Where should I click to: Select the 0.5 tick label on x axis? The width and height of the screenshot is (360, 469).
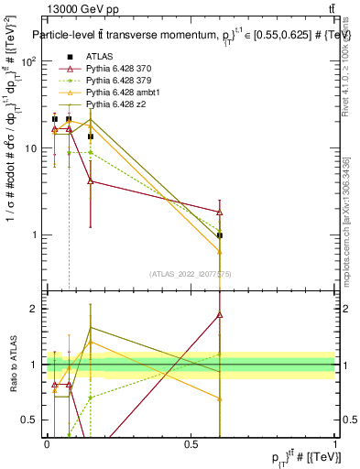pos(191,444)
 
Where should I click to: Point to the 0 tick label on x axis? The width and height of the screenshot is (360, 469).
pos(47,444)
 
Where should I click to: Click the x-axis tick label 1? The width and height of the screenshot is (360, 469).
pos(334,444)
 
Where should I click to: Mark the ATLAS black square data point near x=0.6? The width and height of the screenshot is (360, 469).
pos(220,235)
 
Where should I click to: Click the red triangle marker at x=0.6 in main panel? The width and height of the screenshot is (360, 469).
pos(220,213)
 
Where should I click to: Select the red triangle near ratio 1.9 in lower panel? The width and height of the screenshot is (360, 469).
pos(220,314)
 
